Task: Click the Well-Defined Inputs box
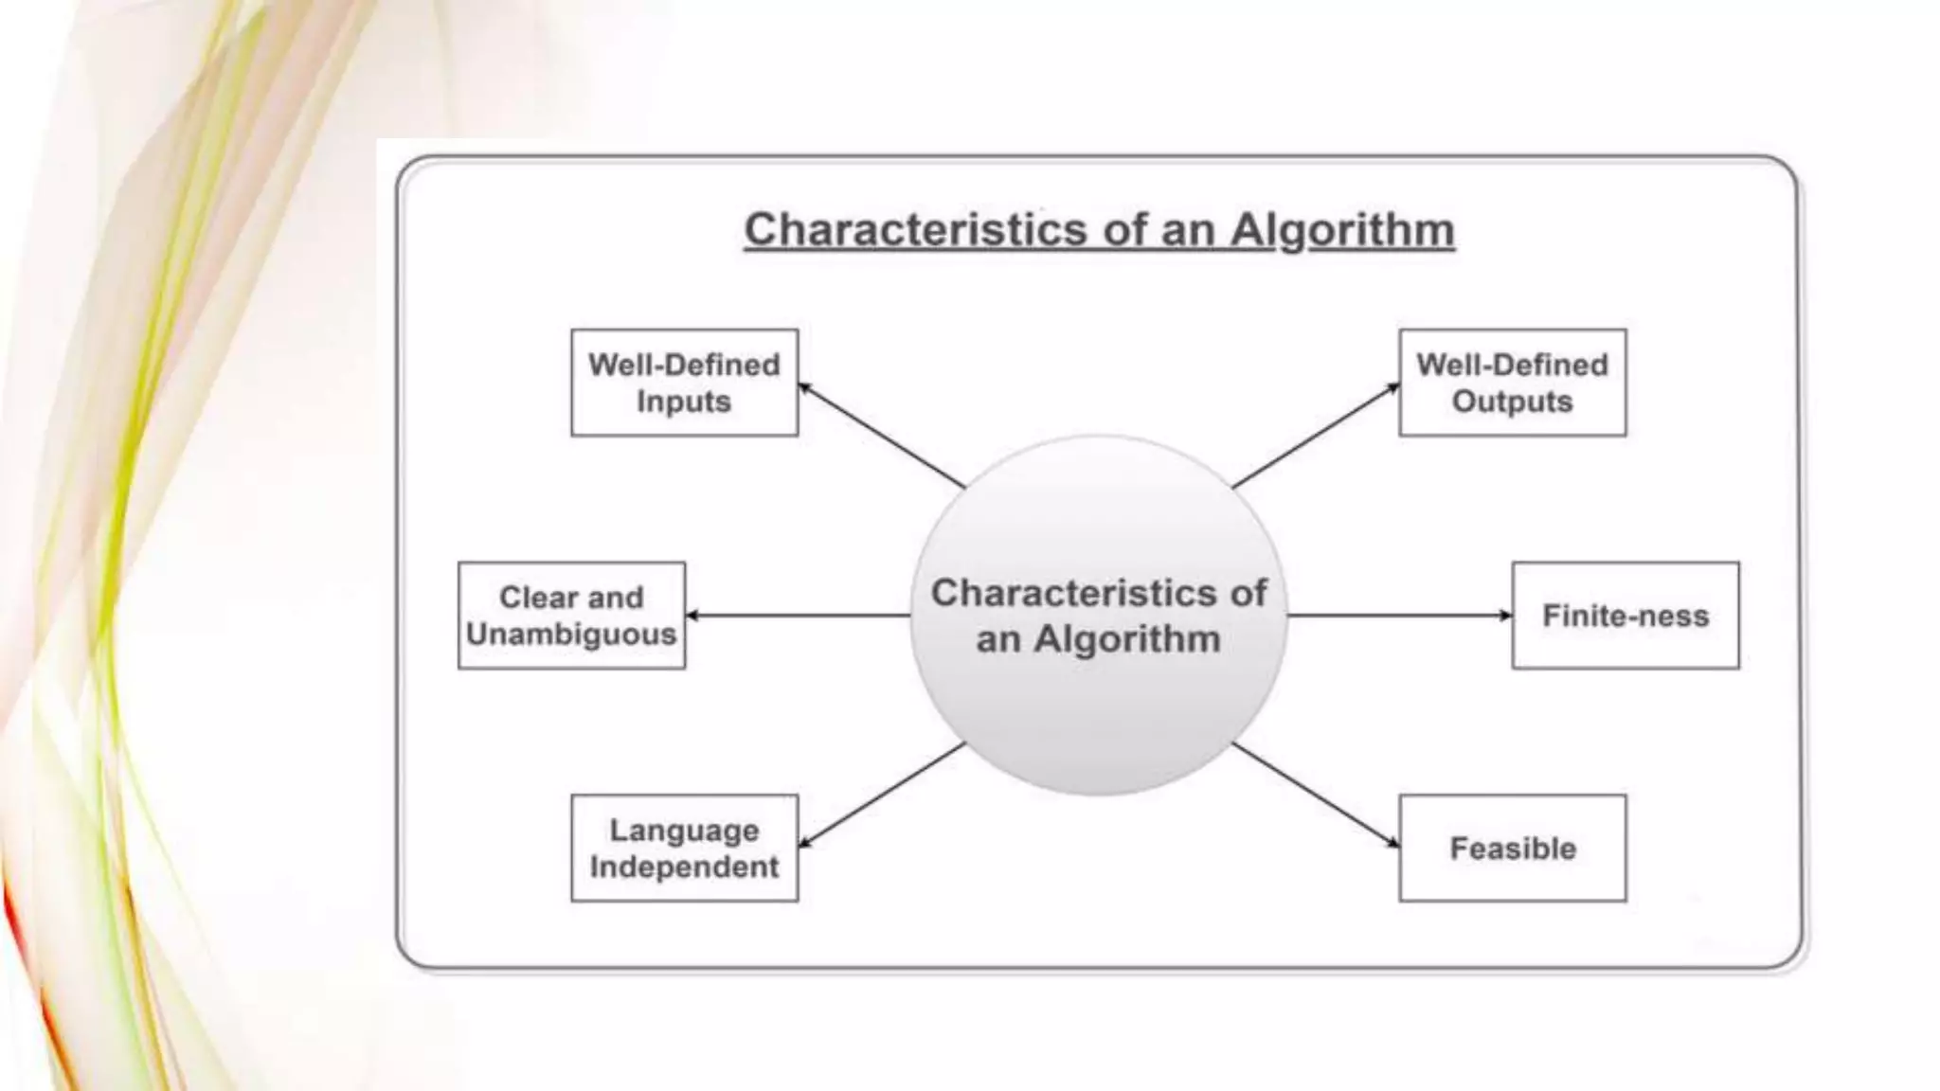click(684, 383)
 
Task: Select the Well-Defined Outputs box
click(1512, 383)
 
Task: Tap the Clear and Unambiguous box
click(571, 616)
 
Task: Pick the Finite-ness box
click(1626, 616)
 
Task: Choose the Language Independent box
click(684, 849)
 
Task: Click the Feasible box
click(1512, 849)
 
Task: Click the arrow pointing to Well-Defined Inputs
click(881, 436)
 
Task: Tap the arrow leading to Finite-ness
click(1400, 616)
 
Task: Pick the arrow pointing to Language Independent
click(881, 796)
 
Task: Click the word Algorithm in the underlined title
click(1342, 231)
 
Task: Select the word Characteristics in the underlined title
click(915, 230)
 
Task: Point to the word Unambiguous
click(571, 634)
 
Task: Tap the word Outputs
click(1512, 402)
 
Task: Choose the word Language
click(684, 831)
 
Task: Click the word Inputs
click(684, 402)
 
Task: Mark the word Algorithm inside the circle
click(1126, 639)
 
